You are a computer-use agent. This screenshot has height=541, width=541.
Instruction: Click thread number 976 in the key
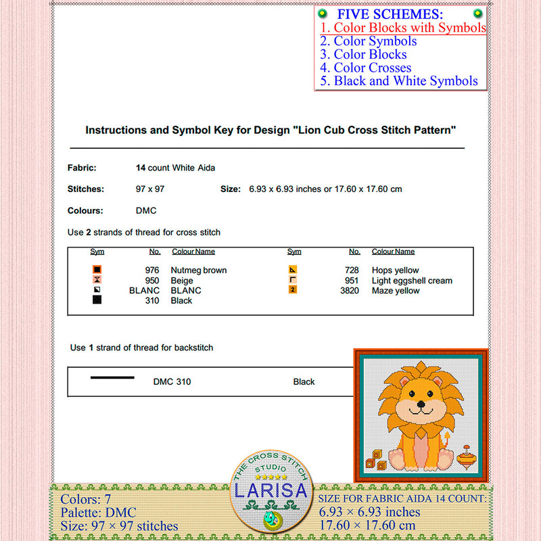(x=152, y=270)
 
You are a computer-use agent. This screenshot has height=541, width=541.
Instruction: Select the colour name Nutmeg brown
(x=199, y=270)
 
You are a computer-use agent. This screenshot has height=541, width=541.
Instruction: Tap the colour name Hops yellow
(x=396, y=270)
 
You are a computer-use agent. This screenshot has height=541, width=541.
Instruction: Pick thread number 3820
(x=350, y=291)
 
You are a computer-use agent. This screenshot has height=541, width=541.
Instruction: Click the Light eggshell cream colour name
(x=412, y=281)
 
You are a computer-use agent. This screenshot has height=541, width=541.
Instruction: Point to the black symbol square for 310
(x=97, y=300)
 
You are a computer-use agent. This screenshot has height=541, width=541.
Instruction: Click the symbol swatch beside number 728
(x=293, y=270)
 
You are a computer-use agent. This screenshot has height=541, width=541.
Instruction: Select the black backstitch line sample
(x=112, y=377)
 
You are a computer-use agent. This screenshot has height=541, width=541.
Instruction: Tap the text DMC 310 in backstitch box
(x=172, y=382)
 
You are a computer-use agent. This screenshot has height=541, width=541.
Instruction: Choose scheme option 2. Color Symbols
(x=369, y=41)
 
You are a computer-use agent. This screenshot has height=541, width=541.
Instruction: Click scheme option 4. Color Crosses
(x=366, y=68)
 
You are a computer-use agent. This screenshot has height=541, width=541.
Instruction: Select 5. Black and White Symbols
(x=399, y=81)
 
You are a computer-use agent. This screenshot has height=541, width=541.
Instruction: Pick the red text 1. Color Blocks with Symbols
(x=403, y=28)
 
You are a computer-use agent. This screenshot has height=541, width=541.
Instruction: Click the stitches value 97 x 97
(x=150, y=189)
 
